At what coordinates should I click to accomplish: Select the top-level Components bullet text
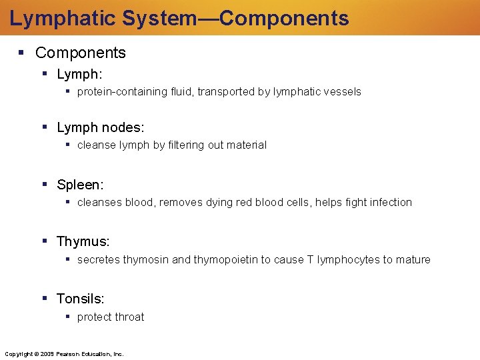(80, 53)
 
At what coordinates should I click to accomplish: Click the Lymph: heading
(79, 73)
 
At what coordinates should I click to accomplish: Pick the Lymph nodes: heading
(101, 127)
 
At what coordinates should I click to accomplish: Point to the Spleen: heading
(80, 184)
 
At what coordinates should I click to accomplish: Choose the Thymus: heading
(83, 241)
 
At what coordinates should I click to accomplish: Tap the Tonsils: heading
(81, 299)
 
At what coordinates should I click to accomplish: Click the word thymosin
(146, 260)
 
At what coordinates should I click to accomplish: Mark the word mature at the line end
(413, 260)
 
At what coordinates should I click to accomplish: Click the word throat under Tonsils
(128, 317)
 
